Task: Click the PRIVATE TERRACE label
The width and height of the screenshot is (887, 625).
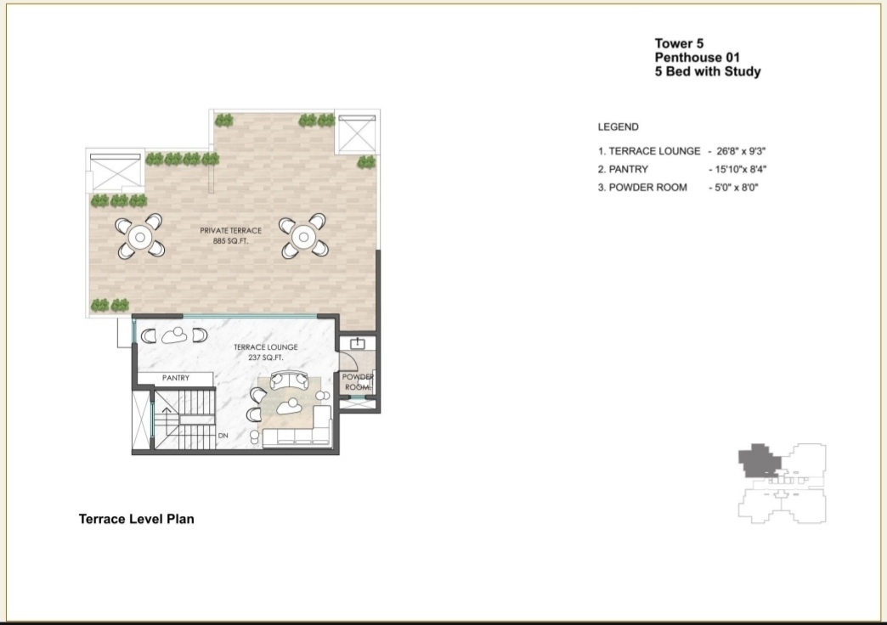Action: [231, 231]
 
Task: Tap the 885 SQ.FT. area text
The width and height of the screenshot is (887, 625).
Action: [231, 241]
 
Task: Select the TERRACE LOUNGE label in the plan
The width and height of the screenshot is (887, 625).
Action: [266, 347]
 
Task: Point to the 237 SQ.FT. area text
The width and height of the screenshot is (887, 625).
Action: [266, 358]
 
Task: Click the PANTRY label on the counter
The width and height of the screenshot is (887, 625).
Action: [176, 378]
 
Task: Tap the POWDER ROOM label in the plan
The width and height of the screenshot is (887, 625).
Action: [358, 382]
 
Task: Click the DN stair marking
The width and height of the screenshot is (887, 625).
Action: [223, 436]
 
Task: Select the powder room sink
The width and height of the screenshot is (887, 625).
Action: [358, 343]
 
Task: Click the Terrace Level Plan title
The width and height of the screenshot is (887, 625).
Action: [136, 519]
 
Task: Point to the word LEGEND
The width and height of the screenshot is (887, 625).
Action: [619, 127]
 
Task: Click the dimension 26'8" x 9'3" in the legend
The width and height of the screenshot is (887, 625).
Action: [741, 151]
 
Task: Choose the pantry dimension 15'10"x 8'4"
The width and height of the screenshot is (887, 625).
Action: [741, 169]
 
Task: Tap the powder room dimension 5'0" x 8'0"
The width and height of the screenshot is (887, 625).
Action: [737, 187]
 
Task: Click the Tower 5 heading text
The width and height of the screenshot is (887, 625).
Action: [680, 43]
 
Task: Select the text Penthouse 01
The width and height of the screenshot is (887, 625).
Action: [698, 57]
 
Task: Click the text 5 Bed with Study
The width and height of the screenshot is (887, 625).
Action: [708, 71]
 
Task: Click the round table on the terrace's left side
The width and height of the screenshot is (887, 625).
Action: [139, 236]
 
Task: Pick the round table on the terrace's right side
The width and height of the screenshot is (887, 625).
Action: [303, 236]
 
